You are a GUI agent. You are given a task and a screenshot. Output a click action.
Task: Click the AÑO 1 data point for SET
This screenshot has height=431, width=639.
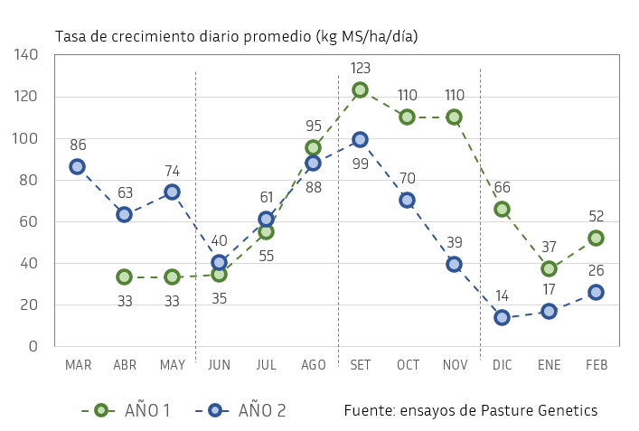click(x=360, y=89)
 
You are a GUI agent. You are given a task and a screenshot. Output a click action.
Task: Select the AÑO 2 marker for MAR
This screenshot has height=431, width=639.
click(x=77, y=166)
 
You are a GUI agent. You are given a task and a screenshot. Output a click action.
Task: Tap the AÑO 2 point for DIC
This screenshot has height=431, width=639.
click(x=502, y=317)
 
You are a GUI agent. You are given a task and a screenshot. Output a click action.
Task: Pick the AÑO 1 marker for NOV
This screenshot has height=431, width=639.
click(x=454, y=117)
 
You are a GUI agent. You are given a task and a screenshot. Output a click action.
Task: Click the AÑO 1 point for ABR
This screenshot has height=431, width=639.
click(x=124, y=276)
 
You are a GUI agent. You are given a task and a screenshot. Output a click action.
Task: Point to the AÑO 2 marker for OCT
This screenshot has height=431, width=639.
click(x=407, y=200)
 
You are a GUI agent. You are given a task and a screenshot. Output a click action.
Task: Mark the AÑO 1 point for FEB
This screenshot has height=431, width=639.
click(x=596, y=238)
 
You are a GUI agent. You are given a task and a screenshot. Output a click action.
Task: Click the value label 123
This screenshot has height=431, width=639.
click(x=360, y=68)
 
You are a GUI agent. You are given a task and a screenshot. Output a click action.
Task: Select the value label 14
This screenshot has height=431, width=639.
click(x=502, y=295)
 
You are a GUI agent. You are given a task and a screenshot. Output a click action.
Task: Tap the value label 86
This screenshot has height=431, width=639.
click(x=78, y=145)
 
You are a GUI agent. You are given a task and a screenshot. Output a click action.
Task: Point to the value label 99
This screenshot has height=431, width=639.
click(x=360, y=164)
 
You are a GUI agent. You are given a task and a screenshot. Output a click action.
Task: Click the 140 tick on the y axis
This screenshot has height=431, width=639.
click(x=27, y=55)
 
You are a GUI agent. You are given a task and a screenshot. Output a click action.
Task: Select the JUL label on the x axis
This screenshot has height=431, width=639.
click(x=266, y=364)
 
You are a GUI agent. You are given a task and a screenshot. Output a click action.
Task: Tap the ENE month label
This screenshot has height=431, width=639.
click(x=549, y=364)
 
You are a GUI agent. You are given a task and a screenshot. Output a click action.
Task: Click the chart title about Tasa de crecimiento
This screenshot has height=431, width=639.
click(x=237, y=36)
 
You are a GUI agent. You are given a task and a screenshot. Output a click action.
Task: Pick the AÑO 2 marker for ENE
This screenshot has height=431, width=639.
click(x=549, y=311)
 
